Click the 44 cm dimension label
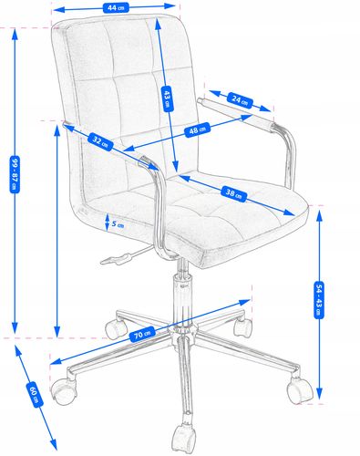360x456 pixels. click(116, 7)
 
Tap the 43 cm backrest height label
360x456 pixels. click(167, 98)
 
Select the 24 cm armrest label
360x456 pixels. click(240, 100)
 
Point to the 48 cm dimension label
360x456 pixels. click(198, 130)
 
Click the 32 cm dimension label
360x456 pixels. click(100, 141)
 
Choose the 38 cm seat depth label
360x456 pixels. click(233, 193)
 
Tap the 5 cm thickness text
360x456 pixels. click(118, 224)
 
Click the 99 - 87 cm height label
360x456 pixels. click(15, 174)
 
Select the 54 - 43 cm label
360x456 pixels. click(319, 300)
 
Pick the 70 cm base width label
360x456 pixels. click(142, 334)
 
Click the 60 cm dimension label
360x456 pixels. click(35, 395)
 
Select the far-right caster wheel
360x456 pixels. click(299, 390)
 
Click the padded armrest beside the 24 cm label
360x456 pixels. click(237, 114)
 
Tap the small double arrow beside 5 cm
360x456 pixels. click(107, 222)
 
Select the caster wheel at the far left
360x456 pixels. click(63, 391)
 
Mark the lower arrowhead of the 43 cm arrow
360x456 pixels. click(175, 167)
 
